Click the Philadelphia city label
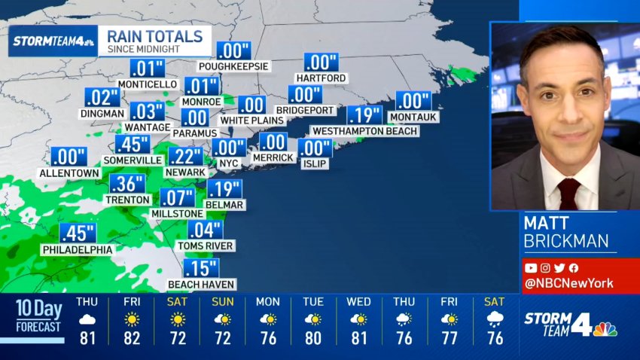[78, 249]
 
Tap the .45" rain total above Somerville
[132, 145]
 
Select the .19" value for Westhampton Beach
[364, 115]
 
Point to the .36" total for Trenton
[127, 185]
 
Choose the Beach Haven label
[201, 284]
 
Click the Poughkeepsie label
[233, 66]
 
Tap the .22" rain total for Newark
[184, 157]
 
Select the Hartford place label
[321, 78]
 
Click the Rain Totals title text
[155, 36]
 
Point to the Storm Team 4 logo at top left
[53, 41]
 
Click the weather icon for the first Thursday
[87, 319]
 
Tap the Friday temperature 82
[132, 338]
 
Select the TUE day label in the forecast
[313, 302]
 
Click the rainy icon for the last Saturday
[495, 319]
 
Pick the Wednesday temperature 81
[358, 338]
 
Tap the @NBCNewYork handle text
[569, 284]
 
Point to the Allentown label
[69, 172]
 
